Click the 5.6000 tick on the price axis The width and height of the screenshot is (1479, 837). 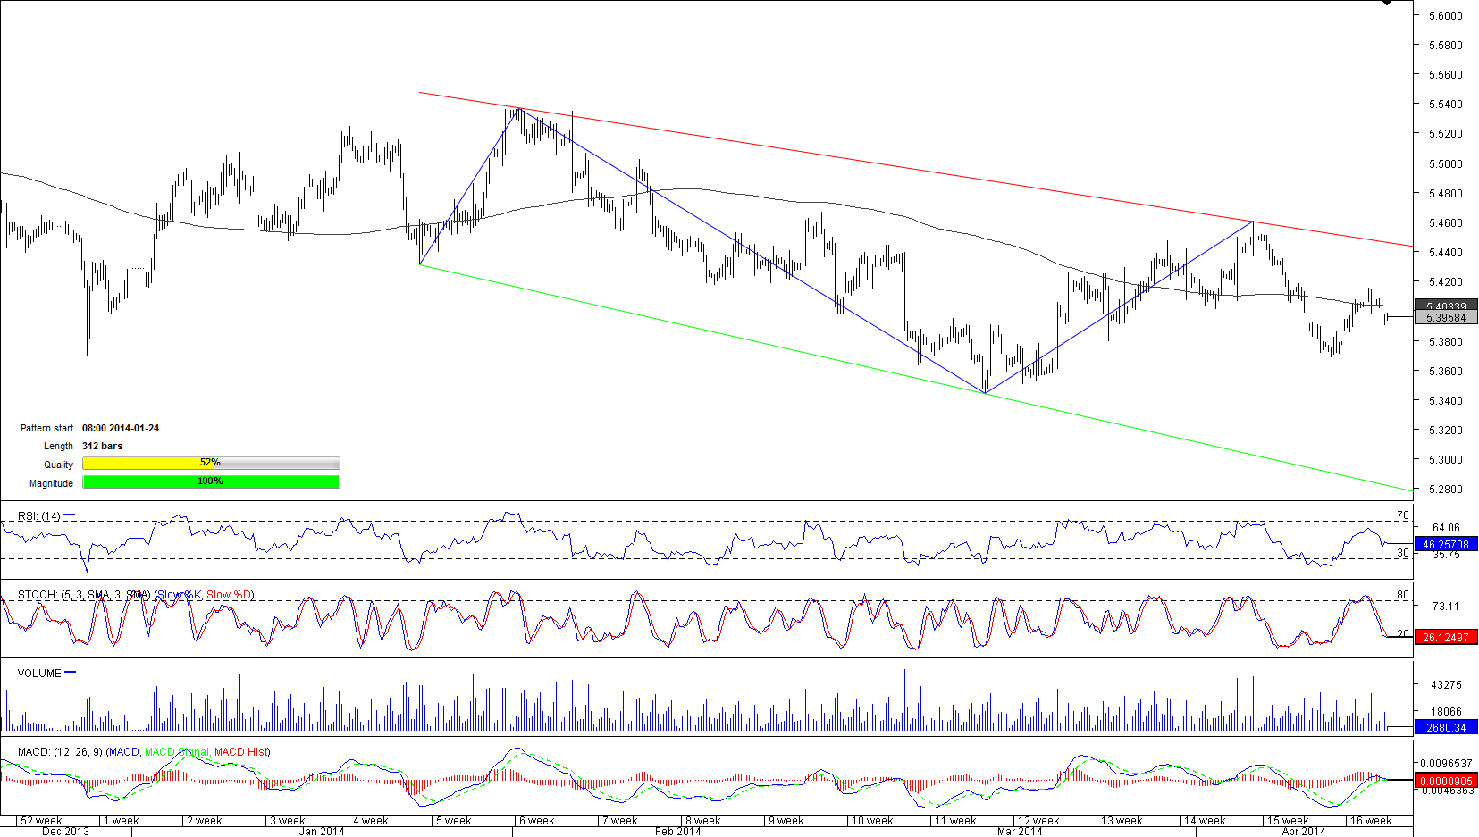[1445, 15]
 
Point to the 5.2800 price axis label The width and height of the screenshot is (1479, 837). [1445, 490]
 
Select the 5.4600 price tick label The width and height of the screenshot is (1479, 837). [1445, 223]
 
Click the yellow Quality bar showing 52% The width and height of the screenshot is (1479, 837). [210, 463]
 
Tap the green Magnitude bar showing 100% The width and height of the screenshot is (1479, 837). [210, 481]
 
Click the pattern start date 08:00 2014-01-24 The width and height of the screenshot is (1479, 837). [121, 428]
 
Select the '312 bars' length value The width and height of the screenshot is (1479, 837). [103, 446]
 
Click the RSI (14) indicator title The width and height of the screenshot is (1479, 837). [39, 516]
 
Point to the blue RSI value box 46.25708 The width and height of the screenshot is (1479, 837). [1445, 544]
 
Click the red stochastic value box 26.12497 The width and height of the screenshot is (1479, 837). [1445, 637]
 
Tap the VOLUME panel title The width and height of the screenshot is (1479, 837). [39, 674]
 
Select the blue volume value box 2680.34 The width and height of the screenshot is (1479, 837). [1445, 727]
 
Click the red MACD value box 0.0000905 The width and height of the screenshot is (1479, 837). [1445, 781]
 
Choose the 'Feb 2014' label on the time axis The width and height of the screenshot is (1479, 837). [677, 832]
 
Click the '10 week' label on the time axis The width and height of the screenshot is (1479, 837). [871, 821]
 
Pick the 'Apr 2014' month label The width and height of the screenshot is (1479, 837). [1303, 832]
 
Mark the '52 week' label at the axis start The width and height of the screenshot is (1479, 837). [41, 821]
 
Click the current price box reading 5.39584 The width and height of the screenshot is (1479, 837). [1446, 318]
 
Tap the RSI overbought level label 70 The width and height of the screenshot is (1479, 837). [1402, 515]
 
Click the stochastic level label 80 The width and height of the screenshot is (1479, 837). [1402, 595]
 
